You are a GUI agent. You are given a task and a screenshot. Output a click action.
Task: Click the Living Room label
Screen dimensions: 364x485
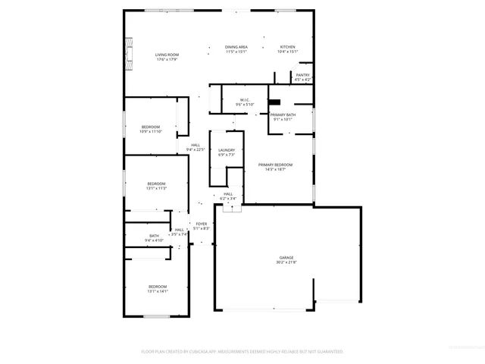167,55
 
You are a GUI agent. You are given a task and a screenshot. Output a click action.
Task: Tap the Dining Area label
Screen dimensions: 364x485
236,47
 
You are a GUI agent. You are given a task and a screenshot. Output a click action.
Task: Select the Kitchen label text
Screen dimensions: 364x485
287,47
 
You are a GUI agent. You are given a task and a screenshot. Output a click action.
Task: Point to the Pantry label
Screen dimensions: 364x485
302,75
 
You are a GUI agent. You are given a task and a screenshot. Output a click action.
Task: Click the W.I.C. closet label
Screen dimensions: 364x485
245,99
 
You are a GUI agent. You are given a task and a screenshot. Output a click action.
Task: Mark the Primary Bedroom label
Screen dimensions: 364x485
275,165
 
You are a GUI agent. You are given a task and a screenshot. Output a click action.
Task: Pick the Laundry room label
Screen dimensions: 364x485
227,150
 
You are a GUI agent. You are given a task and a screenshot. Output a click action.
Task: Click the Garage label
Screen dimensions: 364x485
286,258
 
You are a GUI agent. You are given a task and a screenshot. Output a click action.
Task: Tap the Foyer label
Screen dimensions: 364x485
202,224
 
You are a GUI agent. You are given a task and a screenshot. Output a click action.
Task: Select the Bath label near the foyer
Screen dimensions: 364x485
154,236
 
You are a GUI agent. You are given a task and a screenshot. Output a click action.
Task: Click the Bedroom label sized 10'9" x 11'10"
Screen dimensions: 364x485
151,127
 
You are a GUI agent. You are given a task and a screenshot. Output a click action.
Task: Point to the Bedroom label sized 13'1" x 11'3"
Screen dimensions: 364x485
156,184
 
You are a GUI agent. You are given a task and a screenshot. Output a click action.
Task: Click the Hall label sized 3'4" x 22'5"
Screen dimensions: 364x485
196,145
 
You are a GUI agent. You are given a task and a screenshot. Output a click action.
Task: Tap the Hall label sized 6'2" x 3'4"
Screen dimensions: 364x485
228,194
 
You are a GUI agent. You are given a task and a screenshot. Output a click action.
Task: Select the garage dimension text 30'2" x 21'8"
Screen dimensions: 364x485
286,262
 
